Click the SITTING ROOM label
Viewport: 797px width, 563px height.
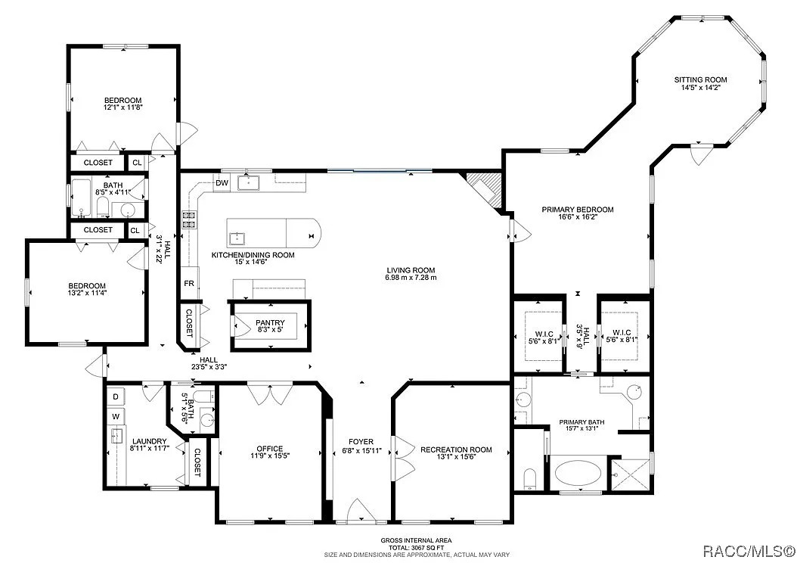700,80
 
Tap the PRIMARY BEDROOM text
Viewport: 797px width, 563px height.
577,209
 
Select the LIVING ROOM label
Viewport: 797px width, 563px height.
411,270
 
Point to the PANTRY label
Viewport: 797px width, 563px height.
270,322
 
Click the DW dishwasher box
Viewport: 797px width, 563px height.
222,183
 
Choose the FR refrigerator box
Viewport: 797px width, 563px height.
189,284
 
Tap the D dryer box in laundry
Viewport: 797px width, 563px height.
116,397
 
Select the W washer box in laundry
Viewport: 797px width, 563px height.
116,416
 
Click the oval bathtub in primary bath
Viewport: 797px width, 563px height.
574,474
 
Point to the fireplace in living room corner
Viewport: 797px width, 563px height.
484,189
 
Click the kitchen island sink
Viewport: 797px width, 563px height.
237,238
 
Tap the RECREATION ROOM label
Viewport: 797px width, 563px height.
456,449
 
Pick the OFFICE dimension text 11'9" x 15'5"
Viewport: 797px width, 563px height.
269,456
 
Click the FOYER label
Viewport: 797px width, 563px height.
361,442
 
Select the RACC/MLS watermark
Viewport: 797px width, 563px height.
748,550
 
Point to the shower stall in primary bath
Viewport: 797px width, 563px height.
631,475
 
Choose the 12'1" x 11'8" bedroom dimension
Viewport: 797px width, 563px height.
123,107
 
